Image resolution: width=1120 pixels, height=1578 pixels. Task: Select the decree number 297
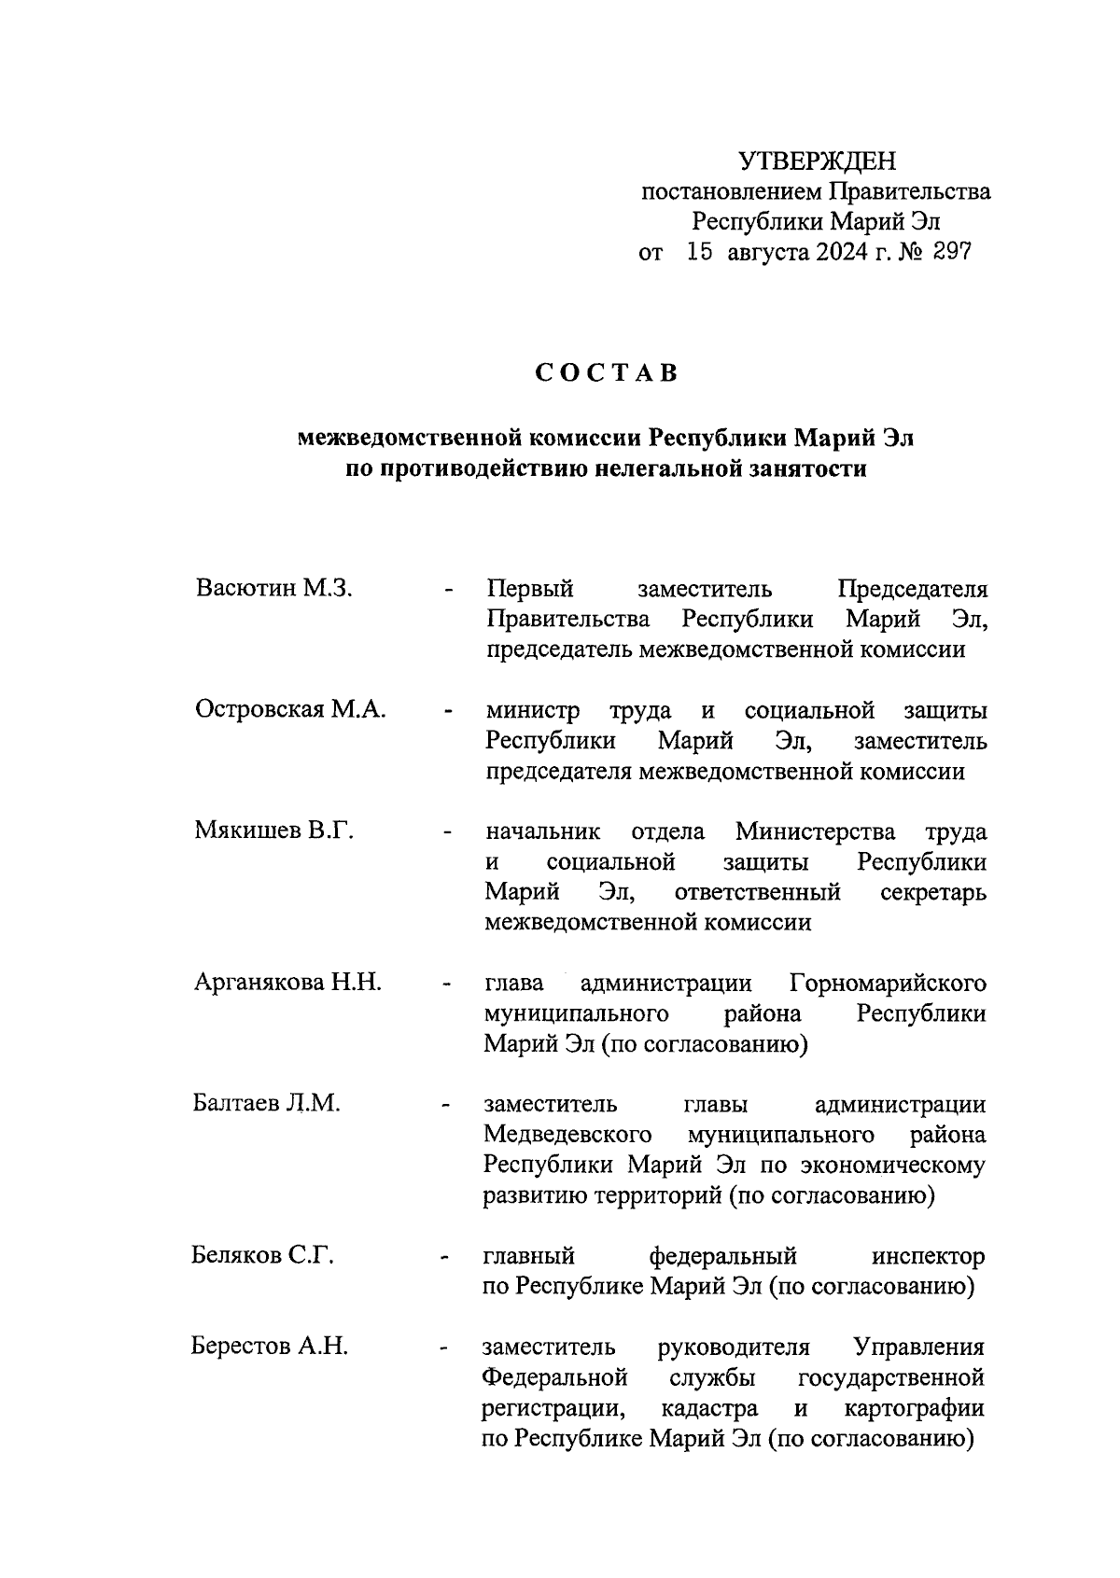[x=950, y=252]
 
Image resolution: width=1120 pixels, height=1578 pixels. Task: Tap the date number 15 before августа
[x=699, y=252]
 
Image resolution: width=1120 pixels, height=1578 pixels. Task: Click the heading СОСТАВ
[x=606, y=373]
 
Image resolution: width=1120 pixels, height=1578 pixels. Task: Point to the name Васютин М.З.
[x=273, y=589]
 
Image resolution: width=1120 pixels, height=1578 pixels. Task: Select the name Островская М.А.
[x=290, y=709]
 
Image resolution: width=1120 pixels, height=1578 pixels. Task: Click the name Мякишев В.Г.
[x=273, y=831]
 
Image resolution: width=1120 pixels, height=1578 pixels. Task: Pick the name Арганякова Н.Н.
[x=287, y=982]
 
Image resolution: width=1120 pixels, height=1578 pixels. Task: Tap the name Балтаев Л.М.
[x=266, y=1103]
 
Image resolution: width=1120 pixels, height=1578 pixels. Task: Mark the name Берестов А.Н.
[x=269, y=1346]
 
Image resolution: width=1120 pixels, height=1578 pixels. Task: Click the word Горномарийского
[x=888, y=984]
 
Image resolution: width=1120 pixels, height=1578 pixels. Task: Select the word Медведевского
[x=567, y=1135]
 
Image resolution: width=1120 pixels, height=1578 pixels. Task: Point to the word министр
[x=532, y=711]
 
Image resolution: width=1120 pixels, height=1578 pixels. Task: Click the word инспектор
[x=928, y=1256]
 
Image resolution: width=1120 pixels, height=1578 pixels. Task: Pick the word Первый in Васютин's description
[x=529, y=590]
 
